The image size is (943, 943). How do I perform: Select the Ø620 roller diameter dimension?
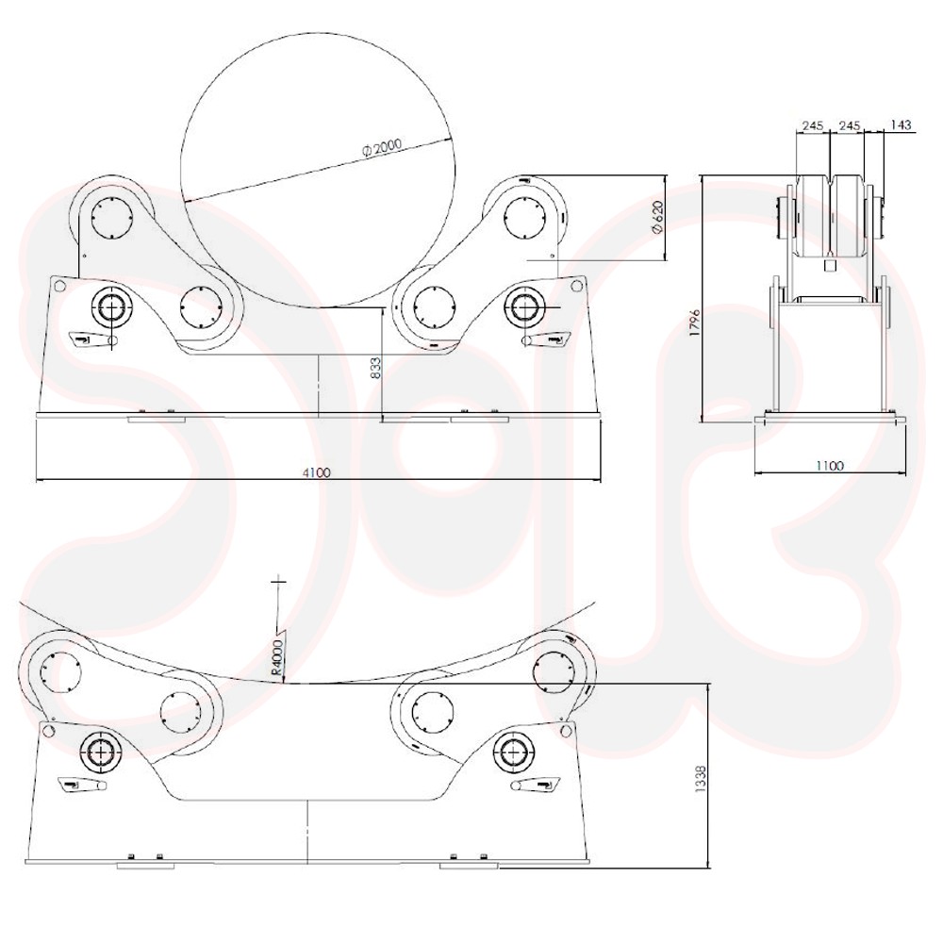[657, 219]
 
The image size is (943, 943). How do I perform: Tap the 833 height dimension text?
[374, 368]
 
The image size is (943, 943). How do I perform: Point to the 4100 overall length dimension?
[316, 472]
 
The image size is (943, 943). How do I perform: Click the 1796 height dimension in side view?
[695, 323]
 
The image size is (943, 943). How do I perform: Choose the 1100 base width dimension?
[830, 466]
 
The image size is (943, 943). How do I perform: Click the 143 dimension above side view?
[901, 125]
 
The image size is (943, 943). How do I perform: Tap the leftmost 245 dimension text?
[813, 125]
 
